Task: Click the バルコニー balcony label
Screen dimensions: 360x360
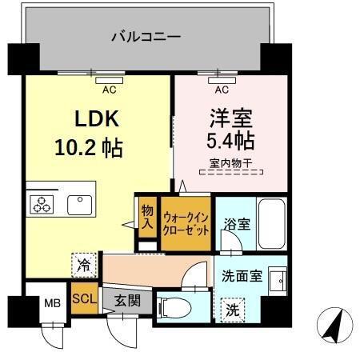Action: click(x=145, y=36)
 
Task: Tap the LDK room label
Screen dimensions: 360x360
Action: click(x=97, y=120)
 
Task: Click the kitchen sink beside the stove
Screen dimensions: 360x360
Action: click(x=80, y=203)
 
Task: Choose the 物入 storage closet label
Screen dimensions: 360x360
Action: click(x=147, y=215)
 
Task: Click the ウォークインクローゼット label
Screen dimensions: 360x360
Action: click(x=186, y=222)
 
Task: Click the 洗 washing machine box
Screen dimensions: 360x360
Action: click(x=231, y=308)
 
